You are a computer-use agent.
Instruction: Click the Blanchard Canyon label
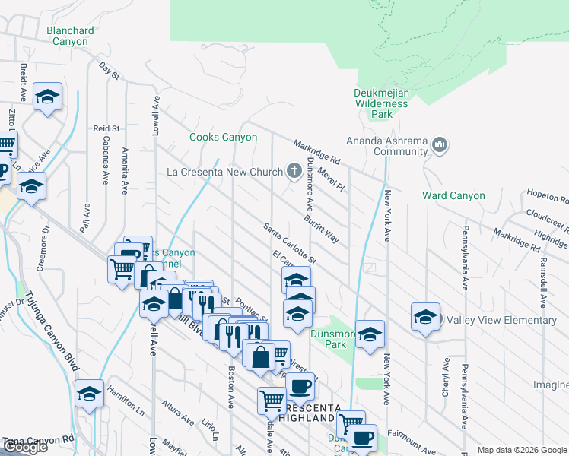click(70, 36)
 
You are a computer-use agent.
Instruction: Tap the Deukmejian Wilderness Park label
click(382, 104)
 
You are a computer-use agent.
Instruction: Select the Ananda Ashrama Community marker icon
click(440, 144)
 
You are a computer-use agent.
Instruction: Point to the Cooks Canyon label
click(223, 138)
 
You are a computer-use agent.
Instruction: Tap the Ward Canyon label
click(453, 195)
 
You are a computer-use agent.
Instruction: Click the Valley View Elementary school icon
click(425, 319)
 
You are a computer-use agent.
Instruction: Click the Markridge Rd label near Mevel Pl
click(317, 152)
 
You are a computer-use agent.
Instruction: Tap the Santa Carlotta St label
click(289, 243)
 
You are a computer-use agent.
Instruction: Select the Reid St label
click(107, 129)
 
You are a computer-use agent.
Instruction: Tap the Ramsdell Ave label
click(543, 280)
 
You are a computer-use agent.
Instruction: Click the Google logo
click(25, 447)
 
